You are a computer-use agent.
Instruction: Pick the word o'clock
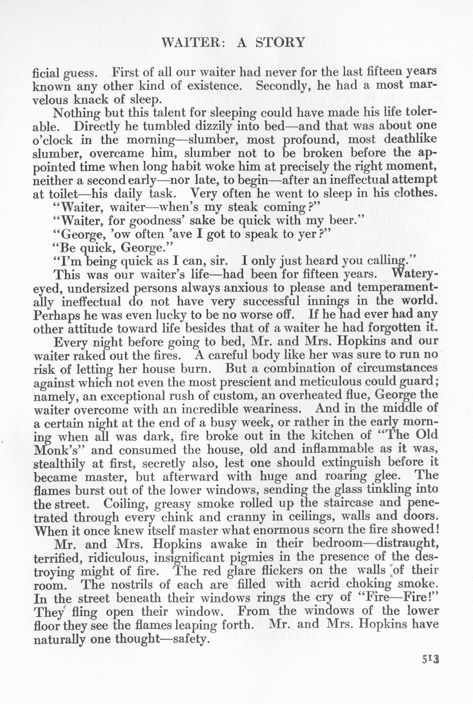coord(53,139)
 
